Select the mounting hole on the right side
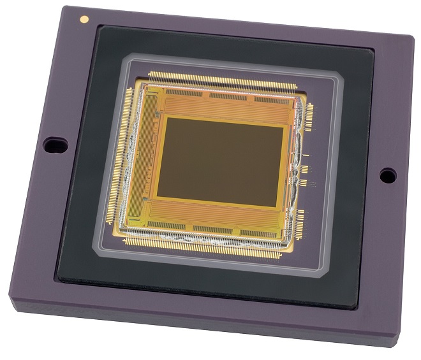387,175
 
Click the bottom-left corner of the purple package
11,299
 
